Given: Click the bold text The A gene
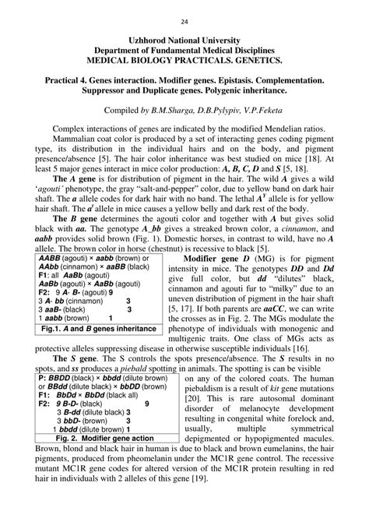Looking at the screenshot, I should tap(73, 178).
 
